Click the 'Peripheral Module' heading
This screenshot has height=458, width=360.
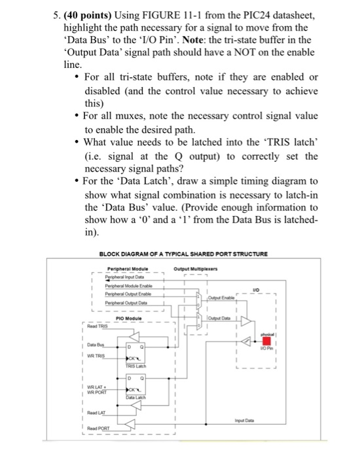tap(127, 268)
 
